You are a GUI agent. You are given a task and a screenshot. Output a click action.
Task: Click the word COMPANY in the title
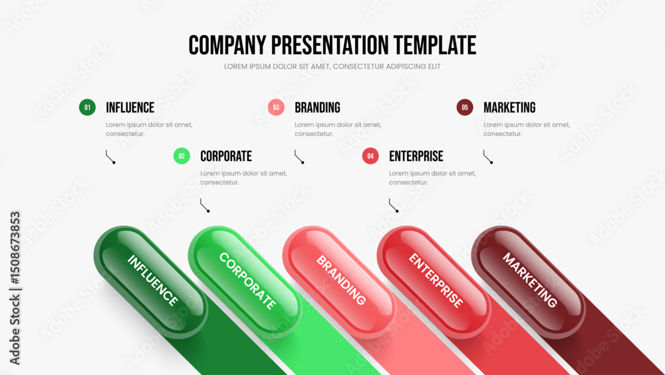(x=227, y=45)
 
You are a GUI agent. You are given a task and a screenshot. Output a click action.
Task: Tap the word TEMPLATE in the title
(x=435, y=45)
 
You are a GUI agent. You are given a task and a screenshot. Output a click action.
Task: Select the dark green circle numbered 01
(x=87, y=107)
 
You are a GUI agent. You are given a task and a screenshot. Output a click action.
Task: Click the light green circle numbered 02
(x=182, y=156)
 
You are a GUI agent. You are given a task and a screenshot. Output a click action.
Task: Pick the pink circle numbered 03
(x=276, y=107)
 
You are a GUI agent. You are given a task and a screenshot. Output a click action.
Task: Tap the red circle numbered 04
(x=370, y=156)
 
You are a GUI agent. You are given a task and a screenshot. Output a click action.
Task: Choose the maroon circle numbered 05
(x=465, y=107)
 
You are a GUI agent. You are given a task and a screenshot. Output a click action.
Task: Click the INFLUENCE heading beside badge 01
(x=130, y=107)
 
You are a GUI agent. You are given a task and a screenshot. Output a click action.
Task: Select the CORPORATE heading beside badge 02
(x=226, y=157)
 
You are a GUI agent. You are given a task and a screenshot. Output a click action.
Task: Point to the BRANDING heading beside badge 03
(x=318, y=107)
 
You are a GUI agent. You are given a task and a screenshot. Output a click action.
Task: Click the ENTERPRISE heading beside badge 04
(x=416, y=157)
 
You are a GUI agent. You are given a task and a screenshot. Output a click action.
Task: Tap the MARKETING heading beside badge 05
(x=509, y=107)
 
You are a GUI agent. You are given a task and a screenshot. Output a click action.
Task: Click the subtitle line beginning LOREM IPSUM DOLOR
(x=332, y=67)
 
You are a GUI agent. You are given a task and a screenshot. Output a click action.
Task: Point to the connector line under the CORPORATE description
(x=205, y=205)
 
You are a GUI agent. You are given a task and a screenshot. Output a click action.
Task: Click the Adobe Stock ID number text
(x=15, y=248)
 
